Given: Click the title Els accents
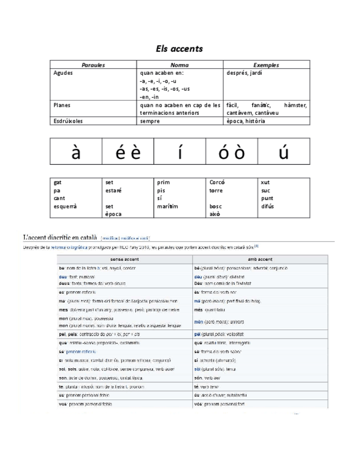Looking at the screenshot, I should pyautogui.click(x=180, y=48).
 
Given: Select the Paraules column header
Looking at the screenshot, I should pyautogui.click(x=93, y=65).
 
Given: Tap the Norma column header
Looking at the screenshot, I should pyautogui.click(x=180, y=65).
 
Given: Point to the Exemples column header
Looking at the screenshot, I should pyautogui.click(x=266, y=65).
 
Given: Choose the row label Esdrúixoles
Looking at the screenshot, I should pyautogui.click(x=68, y=121).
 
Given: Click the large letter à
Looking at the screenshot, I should pyautogui.click(x=76, y=152).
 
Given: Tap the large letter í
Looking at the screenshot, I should pyautogui.click(x=180, y=152).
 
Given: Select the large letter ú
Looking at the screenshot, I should pyautogui.click(x=284, y=152).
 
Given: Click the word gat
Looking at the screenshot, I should pyautogui.click(x=58, y=182).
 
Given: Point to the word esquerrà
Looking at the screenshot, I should pyautogui.click(x=65, y=206).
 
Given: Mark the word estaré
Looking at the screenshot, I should pyautogui.click(x=113, y=191).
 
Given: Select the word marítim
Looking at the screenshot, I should pyautogui.click(x=167, y=206).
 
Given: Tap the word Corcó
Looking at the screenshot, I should pyautogui.click(x=217, y=182).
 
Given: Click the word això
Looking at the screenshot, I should pyautogui.click(x=215, y=214).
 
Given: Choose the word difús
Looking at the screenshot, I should pyautogui.click(x=268, y=206).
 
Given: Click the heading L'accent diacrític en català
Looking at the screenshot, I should pyautogui.click(x=60, y=237).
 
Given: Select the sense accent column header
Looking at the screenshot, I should pyautogui.click(x=124, y=259).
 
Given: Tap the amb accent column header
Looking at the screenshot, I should pyautogui.click(x=260, y=259).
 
